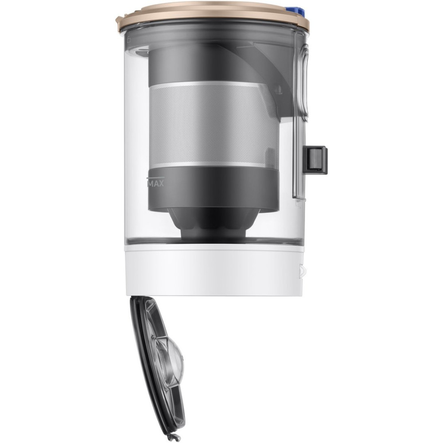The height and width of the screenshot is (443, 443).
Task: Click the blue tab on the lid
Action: click(295, 12)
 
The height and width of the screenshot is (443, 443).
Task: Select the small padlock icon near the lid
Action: click(128, 39)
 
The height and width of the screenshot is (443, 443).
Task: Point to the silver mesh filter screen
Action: click(214, 124)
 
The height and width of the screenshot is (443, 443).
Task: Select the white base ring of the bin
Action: click(214, 270)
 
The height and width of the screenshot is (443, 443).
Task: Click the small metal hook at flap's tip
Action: click(172, 438)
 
